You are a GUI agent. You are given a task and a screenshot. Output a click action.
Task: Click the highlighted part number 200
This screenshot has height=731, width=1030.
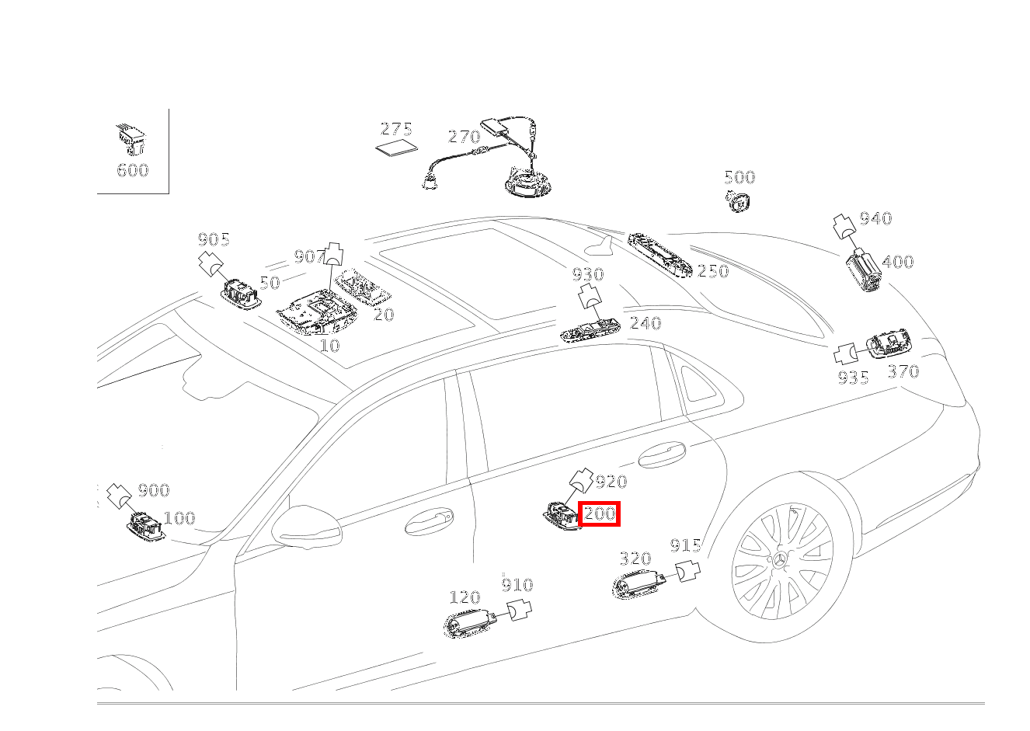(600, 513)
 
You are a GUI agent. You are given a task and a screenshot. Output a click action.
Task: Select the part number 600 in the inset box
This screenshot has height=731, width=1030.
(132, 170)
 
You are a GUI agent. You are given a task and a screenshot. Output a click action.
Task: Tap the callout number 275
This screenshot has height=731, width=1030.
(396, 129)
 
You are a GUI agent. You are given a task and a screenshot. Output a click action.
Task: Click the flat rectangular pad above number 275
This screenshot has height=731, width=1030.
(396, 148)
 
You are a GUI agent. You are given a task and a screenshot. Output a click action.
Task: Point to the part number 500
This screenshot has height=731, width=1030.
(739, 177)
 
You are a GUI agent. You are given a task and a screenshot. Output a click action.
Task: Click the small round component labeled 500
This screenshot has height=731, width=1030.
(739, 200)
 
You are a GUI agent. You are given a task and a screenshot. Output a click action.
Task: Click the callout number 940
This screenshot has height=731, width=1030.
(875, 218)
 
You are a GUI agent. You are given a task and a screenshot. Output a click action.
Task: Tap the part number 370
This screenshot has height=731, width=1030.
(903, 371)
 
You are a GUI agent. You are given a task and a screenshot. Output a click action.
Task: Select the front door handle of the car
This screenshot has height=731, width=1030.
(429, 522)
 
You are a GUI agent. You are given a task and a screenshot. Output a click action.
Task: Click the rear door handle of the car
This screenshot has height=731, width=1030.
(662, 455)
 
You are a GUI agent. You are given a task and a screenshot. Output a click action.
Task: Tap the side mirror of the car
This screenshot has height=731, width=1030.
(308, 527)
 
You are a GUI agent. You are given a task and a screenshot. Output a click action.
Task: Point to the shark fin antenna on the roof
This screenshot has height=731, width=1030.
(600, 247)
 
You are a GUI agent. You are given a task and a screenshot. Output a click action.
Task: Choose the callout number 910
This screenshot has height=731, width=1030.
(517, 585)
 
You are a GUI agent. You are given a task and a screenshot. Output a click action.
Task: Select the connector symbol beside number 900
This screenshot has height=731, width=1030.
(118, 493)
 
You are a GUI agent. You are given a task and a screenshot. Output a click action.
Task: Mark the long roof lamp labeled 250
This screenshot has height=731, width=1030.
(660, 252)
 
